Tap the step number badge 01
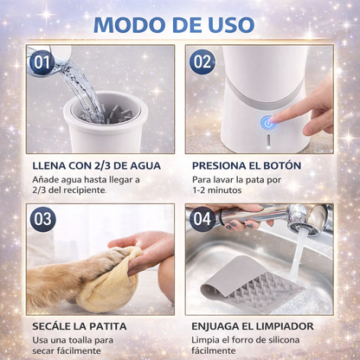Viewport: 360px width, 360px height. coord(41,62)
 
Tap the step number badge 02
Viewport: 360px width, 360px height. coord(202,62)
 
